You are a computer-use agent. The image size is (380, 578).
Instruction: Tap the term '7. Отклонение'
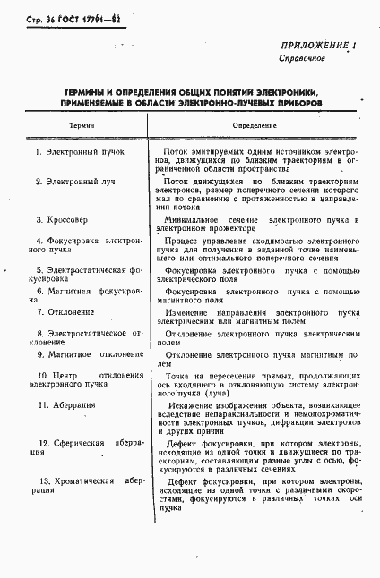[x=65, y=312]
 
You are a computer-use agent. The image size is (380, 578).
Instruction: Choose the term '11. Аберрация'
[x=65, y=405]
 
